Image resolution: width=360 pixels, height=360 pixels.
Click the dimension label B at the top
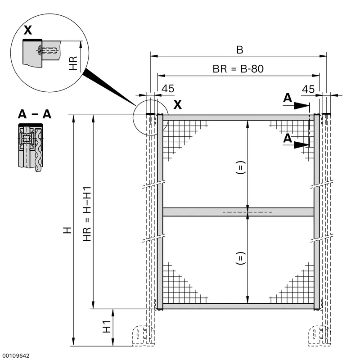point(240,50)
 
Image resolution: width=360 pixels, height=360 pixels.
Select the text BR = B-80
point(238,69)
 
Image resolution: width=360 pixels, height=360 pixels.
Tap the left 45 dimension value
point(168,89)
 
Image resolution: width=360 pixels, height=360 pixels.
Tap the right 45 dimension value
point(308,89)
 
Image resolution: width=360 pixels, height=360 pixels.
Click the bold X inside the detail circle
point(28,30)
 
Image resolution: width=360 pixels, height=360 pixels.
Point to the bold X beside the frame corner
point(177,104)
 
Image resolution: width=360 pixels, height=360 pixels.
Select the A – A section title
point(35,114)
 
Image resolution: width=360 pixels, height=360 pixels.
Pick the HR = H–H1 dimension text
point(87,214)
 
